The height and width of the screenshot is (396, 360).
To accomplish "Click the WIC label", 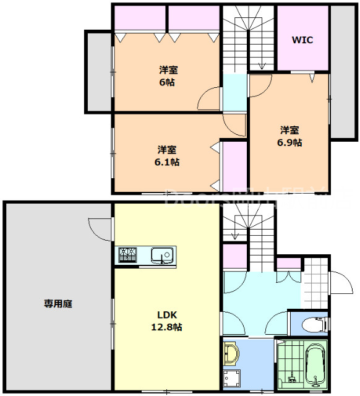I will (x=302, y=40).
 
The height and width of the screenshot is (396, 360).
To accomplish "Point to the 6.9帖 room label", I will (x=289, y=136).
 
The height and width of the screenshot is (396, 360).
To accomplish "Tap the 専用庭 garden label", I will (x=59, y=304).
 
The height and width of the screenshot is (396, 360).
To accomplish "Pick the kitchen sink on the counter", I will (x=163, y=255).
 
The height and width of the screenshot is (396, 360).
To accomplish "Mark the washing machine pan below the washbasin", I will (x=233, y=378).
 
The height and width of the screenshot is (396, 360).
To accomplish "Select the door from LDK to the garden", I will (x=101, y=227).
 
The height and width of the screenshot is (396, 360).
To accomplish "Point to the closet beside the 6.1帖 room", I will (x=234, y=166).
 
